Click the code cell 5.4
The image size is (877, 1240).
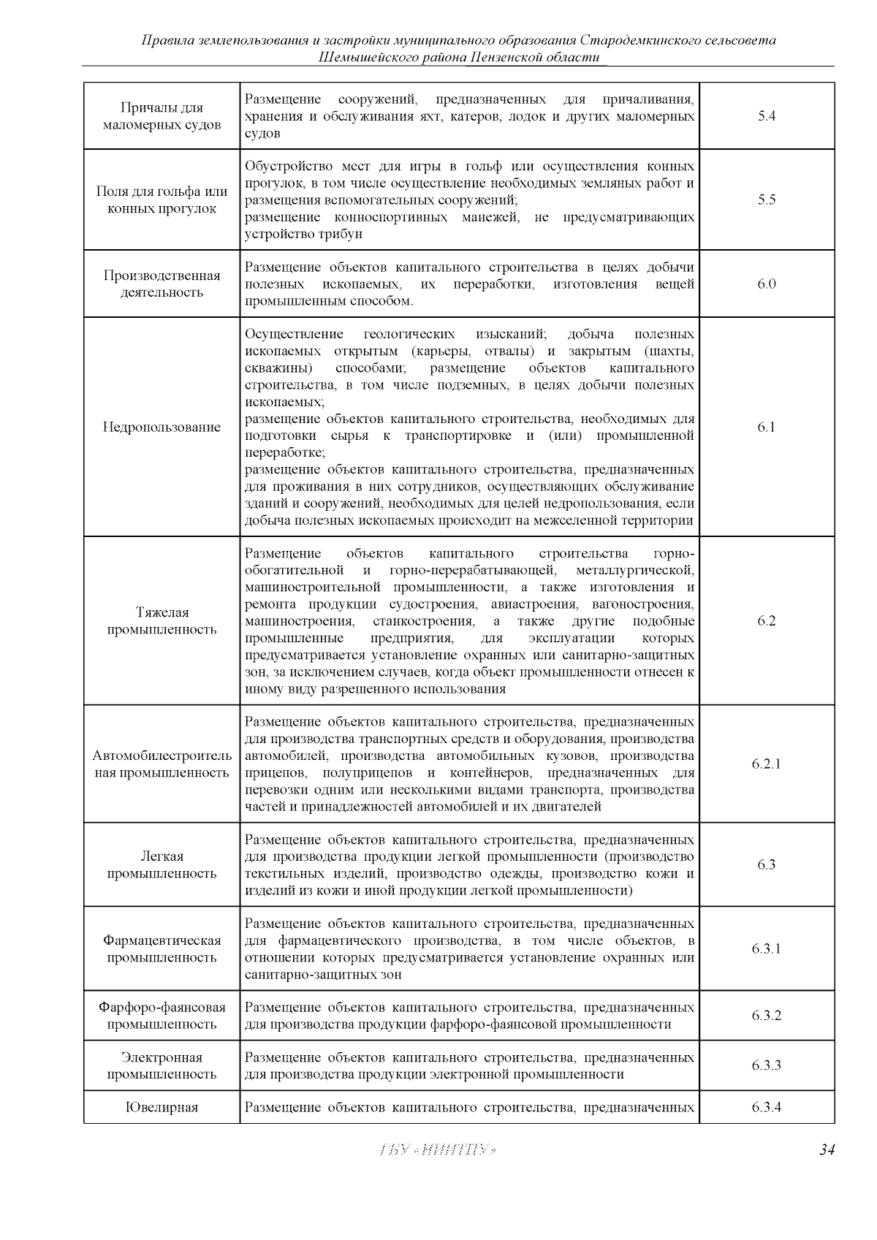(766, 116)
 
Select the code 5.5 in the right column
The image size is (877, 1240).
(766, 200)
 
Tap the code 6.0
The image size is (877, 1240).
(766, 284)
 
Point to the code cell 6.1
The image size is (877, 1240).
(766, 427)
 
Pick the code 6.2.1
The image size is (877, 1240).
(766, 764)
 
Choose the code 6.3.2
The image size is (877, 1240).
(766, 1016)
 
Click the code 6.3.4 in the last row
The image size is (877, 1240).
(766, 1107)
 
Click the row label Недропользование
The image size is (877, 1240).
(162, 427)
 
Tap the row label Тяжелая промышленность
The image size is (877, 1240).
(162, 621)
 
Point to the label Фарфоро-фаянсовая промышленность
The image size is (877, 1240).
(162, 1016)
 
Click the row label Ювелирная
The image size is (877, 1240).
(162, 1107)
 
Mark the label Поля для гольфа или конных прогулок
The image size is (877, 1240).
(162, 200)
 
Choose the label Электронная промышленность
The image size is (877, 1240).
(162, 1065)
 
